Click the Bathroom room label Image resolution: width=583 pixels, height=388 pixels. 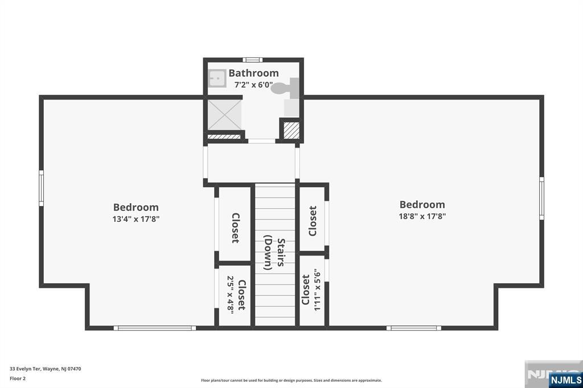[253, 73]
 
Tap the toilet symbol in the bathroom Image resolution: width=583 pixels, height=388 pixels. [286, 88]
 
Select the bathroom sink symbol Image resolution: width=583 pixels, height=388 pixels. [217, 79]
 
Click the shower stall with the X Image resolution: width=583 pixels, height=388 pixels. [224, 115]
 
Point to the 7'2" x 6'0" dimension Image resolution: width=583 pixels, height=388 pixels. [253, 85]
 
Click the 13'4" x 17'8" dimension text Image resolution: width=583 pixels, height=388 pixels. [136, 219]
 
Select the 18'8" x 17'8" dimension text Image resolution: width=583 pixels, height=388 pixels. [422, 216]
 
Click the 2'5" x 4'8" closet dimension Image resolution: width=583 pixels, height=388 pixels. [230, 295]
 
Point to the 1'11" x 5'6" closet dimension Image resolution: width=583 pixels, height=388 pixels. [317, 290]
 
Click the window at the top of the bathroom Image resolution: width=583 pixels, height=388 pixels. [252, 60]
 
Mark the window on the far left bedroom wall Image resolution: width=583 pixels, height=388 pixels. [41, 188]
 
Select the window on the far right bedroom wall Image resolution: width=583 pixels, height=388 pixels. [542, 198]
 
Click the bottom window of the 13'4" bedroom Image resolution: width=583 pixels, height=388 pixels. [155, 328]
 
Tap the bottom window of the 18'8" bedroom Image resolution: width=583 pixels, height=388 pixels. [414, 328]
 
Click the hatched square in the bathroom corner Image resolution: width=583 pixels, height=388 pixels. [291, 130]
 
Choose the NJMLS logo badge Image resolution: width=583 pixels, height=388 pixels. [566, 380]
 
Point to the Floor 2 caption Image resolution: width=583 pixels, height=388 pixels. [18, 379]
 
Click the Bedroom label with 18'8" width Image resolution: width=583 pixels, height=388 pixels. [422, 204]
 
